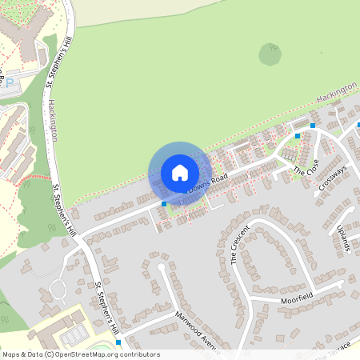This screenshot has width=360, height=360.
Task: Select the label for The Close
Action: [306, 170]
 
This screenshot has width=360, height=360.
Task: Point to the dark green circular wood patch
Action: [270, 54]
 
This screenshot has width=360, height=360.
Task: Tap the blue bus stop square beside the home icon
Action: [164, 204]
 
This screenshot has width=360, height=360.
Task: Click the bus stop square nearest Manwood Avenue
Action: [119, 342]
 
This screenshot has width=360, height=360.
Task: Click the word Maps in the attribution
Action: [11, 354]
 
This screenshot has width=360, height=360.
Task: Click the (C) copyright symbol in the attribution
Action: [50, 354]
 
